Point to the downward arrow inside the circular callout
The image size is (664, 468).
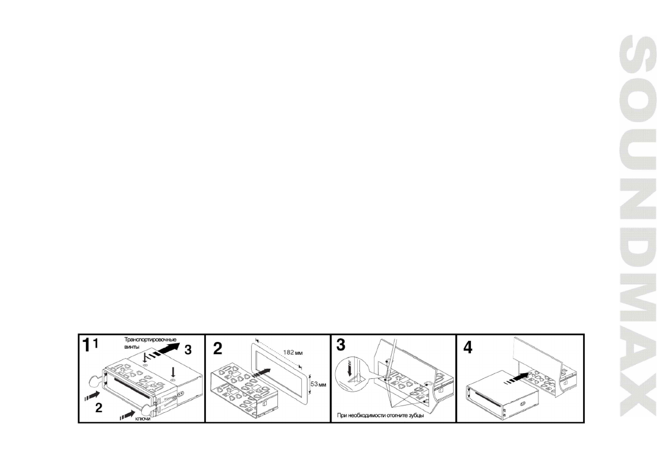(350, 368)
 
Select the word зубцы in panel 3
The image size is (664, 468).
(415, 415)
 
